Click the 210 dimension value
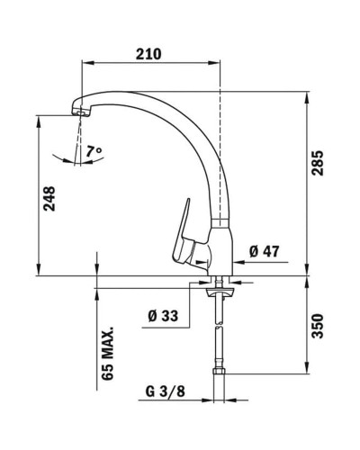coord(149,53)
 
